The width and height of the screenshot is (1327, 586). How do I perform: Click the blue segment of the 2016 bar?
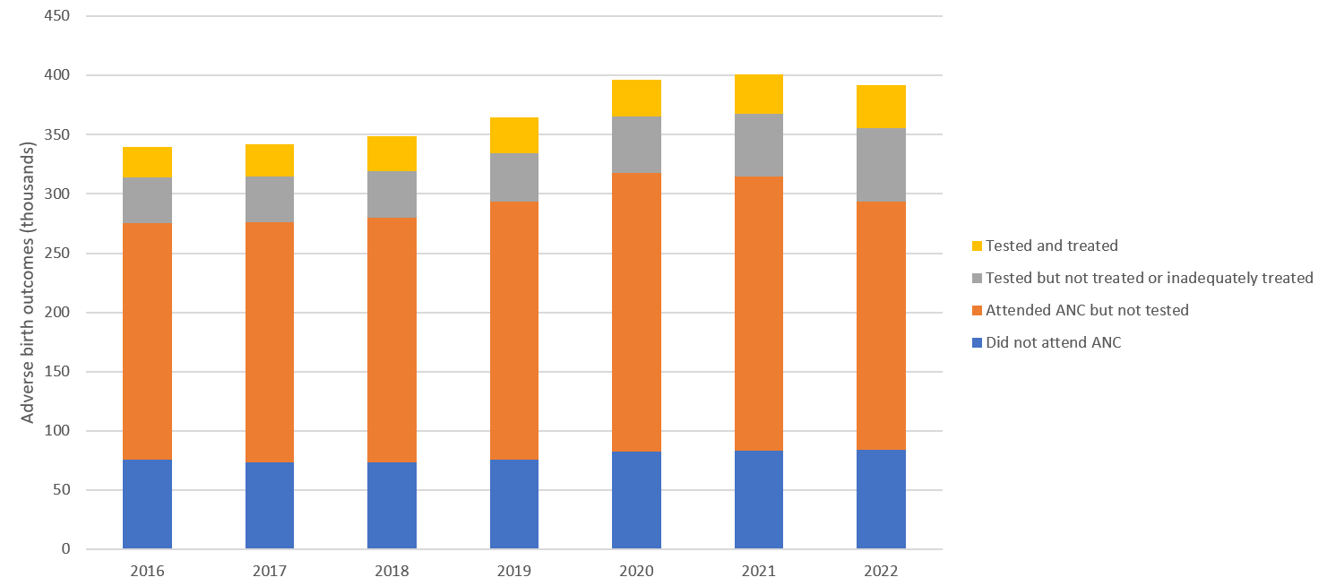point(147,504)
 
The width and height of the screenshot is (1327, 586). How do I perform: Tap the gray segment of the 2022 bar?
point(881,165)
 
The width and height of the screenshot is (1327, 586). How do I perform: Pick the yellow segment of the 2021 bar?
point(759,94)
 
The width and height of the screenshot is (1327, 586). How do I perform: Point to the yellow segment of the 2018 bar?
point(392,154)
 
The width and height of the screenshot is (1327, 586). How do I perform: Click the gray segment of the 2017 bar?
point(270,199)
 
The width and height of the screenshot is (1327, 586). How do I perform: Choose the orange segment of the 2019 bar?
point(514,331)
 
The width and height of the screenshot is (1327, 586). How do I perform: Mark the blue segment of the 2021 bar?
point(759,500)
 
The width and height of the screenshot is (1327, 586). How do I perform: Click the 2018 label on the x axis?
point(392,571)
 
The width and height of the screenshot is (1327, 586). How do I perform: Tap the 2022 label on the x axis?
point(881,571)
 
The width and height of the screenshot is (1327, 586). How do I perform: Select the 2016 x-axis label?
point(147,571)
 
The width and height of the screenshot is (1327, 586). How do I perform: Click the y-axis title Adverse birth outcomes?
point(28,283)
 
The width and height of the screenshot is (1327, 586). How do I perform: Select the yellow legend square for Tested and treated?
point(977,246)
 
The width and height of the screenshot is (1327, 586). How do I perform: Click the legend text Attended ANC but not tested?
point(1087,310)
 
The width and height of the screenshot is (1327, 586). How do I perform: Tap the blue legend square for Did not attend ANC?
point(977,342)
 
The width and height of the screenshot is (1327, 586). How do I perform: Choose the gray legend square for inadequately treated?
point(977,278)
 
